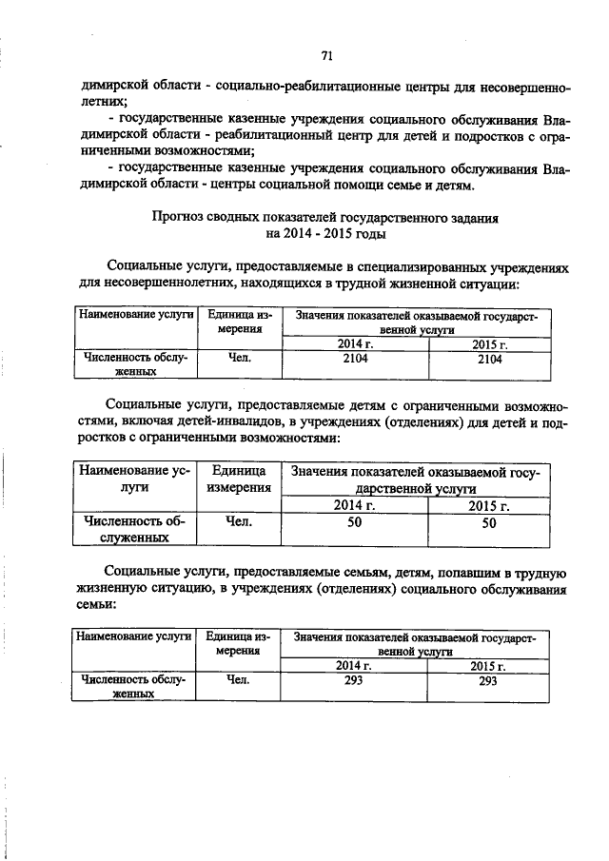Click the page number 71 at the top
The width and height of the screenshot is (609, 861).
tap(326, 55)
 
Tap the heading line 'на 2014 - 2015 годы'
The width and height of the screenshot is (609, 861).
tap(326, 234)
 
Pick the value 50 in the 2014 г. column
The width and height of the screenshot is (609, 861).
tap(354, 522)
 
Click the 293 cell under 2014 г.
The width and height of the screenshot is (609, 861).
tap(354, 681)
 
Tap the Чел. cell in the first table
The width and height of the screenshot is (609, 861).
tap(238, 360)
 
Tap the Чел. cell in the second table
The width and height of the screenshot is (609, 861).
tap(238, 521)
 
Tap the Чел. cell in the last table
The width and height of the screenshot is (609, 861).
tap(238, 681)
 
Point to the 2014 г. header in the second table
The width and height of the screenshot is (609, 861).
tap(354, 505)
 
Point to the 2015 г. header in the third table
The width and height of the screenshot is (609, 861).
tap(488, 666)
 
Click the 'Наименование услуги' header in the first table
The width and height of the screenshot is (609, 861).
tap(135, 315)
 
